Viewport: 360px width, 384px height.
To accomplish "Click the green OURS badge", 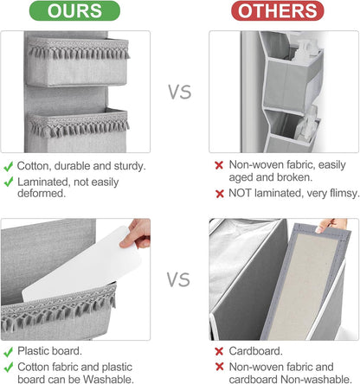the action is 74,11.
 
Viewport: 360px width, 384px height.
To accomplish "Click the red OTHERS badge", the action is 278,11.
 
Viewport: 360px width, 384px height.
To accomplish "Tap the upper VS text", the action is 180,92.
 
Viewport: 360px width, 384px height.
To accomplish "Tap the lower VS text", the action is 178,279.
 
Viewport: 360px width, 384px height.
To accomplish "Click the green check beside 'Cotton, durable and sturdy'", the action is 9,166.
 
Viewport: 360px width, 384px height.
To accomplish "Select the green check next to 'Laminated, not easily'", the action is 9,182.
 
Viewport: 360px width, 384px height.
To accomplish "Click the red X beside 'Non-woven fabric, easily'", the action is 219,165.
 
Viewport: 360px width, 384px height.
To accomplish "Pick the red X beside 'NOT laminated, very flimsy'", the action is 220,194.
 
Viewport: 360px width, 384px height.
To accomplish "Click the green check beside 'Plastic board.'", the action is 9,352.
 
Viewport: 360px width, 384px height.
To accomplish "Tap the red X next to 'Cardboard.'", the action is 219,351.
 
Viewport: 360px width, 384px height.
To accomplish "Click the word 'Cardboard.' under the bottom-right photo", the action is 255,351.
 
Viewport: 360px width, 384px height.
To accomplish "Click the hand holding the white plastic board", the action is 138,233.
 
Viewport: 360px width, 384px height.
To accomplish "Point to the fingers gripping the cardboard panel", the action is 330,225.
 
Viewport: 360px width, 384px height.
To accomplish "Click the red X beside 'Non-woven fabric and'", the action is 220,367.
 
